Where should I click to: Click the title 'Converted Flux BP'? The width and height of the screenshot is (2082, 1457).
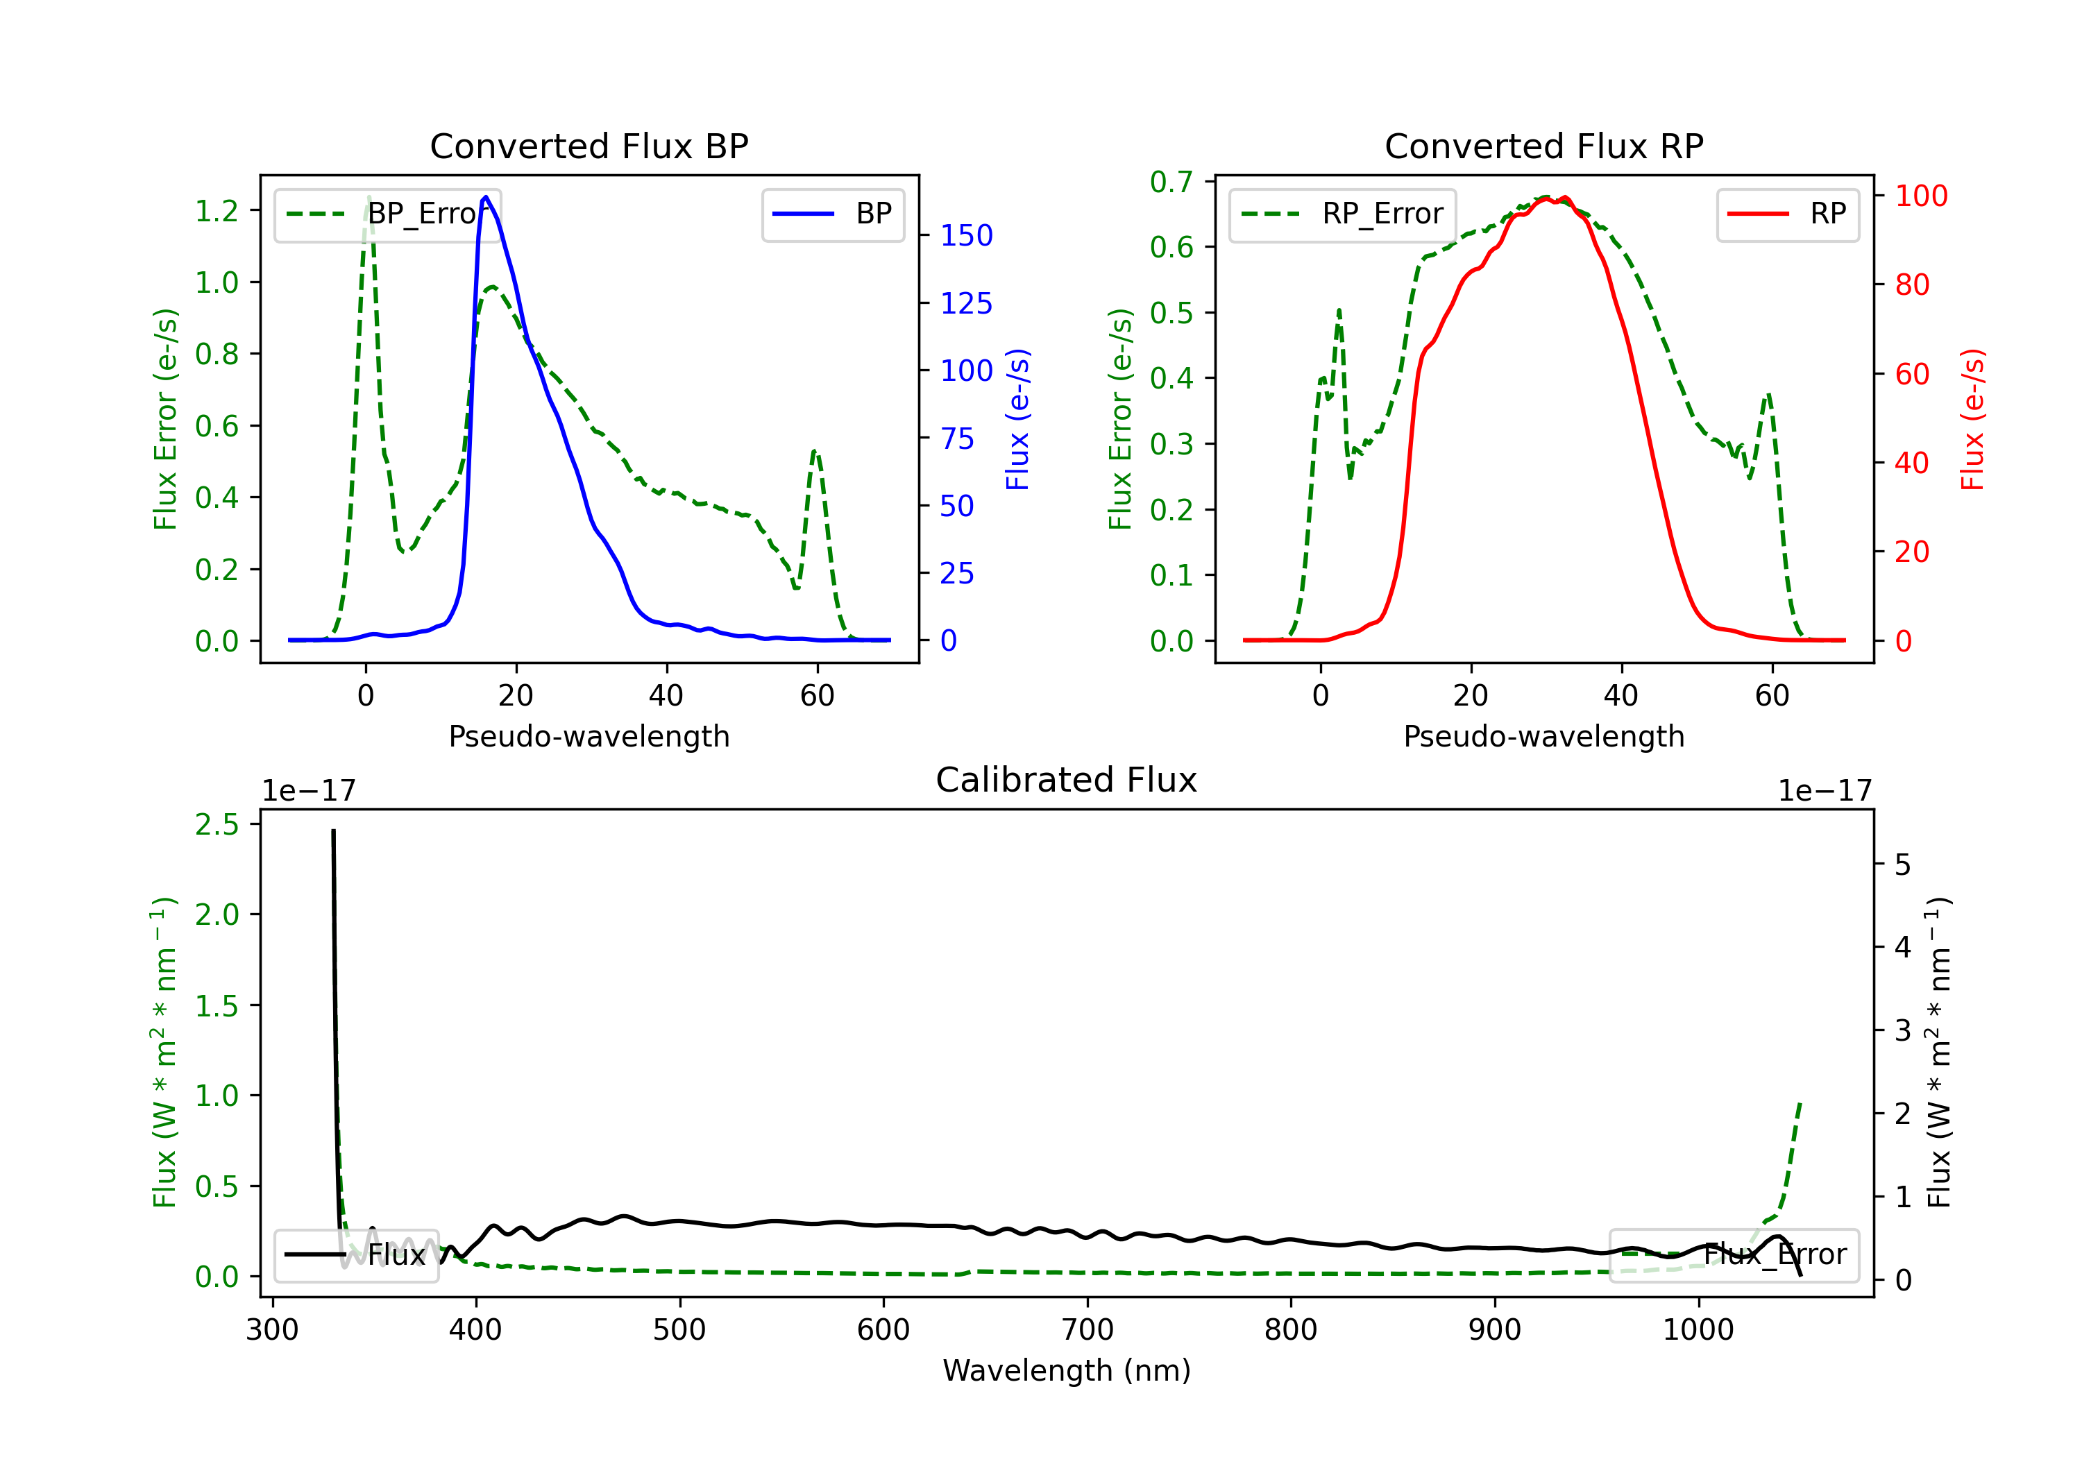[589, 146]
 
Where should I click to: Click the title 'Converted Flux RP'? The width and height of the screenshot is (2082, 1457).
[1543, 146]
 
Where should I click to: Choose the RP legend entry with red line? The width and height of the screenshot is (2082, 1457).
[1787, 214]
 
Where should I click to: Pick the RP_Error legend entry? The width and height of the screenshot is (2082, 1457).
[1343, 214]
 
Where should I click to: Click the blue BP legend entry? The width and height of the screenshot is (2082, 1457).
[832, 214]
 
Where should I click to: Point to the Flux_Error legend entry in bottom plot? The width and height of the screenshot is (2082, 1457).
[1734, 1255]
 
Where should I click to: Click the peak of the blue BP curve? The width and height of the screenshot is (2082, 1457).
[486, 197]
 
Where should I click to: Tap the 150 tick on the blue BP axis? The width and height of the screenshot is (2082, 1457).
[966, 236]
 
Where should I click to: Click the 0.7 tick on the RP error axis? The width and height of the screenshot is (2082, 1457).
[1171, 182]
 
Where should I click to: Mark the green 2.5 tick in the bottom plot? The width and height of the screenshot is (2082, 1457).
[217, 824]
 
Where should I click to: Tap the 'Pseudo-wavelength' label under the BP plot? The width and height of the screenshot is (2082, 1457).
[589, 736]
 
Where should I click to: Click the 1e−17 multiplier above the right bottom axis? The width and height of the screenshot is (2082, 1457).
[1824, 791]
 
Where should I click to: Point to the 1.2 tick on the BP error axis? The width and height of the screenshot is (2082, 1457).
[217, 211]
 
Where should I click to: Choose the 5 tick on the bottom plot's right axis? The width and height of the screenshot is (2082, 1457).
[1902, 865]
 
